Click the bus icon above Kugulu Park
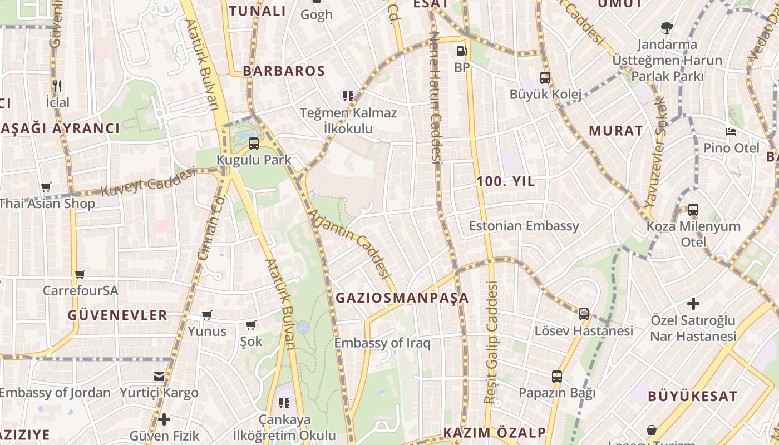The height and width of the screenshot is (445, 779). (254, 144)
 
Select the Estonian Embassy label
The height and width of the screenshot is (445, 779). (524, 226)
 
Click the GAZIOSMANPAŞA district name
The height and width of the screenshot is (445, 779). (402, 298)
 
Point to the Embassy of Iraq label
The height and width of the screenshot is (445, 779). (382, 343)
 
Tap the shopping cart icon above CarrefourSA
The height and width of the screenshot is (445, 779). (80, 274)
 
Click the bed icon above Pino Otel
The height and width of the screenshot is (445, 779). (731, 132)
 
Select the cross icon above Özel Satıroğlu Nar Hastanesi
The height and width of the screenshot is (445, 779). (693, 304)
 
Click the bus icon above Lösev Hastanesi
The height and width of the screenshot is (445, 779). (584, 314)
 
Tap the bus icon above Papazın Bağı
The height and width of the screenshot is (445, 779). (557, 377)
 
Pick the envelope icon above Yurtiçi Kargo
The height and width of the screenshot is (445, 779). (159, 377)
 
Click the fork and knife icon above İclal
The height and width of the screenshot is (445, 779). (57, 86)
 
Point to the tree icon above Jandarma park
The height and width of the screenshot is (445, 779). (667, 28)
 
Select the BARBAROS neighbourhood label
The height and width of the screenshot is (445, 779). (284, 71)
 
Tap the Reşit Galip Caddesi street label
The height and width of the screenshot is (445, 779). (491, 342)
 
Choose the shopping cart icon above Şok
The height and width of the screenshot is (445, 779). (251, 325)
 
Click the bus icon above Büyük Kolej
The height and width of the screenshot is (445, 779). (545, 78)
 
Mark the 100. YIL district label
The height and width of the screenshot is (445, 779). (505, 181)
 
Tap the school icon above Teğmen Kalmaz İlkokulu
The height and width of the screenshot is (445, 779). (348, 96)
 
